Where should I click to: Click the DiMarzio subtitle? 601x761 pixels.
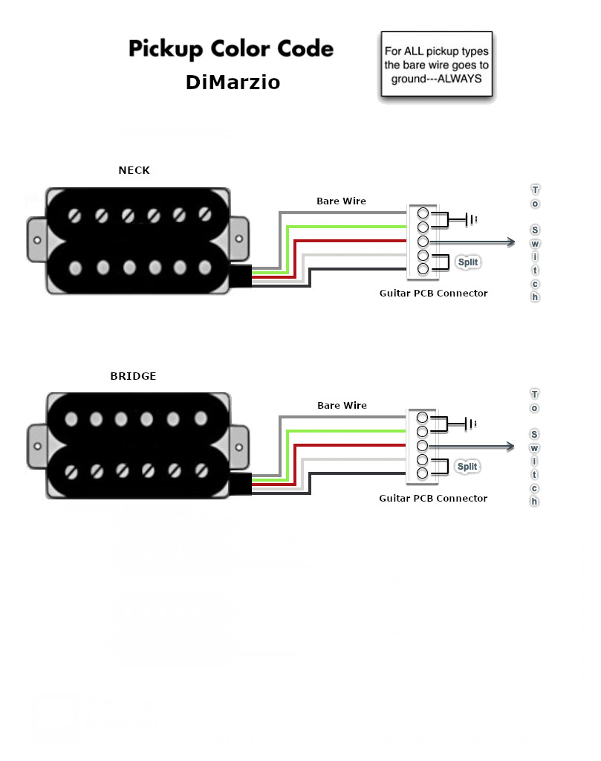tap(233, 82)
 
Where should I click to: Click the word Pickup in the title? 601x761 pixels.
tap(166, 49)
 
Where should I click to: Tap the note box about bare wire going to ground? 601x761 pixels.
tap(437, 64)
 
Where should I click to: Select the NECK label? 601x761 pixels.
tap(134, 170)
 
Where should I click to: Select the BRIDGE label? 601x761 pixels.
tap(134, 376)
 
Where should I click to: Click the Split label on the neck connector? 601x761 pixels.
tap(467, 262)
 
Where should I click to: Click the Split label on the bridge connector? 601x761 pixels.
tap(467, 467)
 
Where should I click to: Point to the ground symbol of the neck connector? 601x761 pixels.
tap(470, 219)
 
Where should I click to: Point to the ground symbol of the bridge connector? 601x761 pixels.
tap(470, 424)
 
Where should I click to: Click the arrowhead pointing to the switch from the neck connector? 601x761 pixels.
tap(511, 242)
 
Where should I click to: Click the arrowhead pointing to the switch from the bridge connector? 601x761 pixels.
tap(510, 446)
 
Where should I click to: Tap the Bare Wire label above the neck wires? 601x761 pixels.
tap(342, 201)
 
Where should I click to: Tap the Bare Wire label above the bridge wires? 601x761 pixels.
tap(342, 405)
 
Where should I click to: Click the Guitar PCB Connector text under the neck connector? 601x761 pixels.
tap(434, 293)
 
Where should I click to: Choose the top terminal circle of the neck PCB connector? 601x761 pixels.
tap(423, 213)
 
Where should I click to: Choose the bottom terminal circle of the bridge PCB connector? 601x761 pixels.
tap(423, 473)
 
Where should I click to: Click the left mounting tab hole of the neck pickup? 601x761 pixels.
tap(37, 240)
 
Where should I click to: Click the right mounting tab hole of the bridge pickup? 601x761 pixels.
tap(239, 447)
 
